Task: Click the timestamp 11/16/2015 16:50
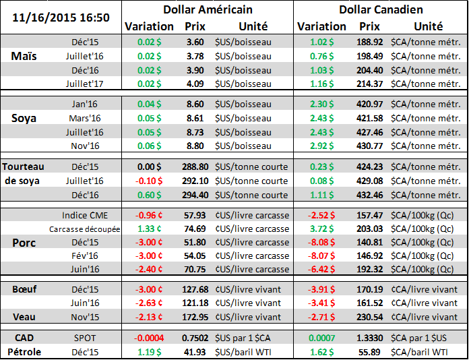click(59, 16)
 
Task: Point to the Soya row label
click(26, 119)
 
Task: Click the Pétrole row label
click(24, 351)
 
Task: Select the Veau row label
click(24, 316)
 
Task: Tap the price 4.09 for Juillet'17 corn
click(194, 84)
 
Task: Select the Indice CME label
click(85, 215)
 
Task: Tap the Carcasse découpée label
click(85, 229)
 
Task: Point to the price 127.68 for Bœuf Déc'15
click(194, 289)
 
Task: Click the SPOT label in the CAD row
click(85, 338)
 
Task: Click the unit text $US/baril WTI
click(247, 351)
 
